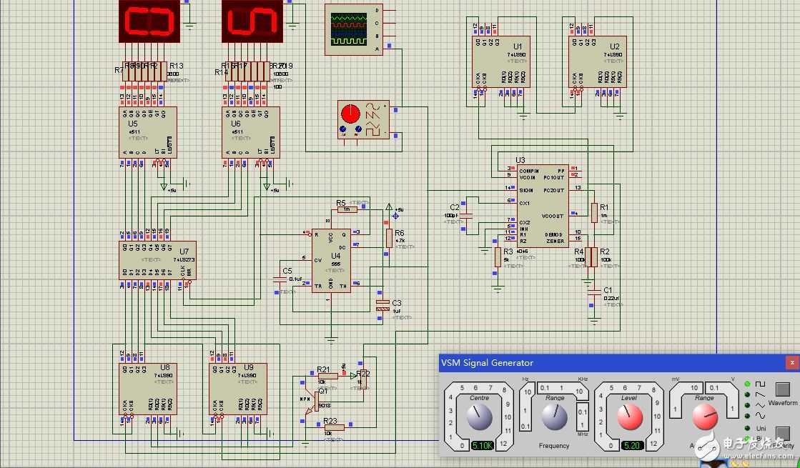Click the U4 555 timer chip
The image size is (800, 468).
331,261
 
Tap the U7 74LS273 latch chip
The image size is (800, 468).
157,260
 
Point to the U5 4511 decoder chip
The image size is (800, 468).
148,132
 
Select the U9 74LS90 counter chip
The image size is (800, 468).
237,389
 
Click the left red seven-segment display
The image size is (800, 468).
149,21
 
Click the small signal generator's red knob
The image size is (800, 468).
350,114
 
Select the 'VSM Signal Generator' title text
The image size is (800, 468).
486,362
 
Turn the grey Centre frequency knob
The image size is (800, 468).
480,417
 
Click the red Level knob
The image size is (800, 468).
630,416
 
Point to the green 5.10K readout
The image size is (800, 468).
481,445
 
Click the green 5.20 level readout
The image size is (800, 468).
632,445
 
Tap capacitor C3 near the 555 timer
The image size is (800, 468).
383,305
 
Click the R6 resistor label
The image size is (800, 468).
399,233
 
